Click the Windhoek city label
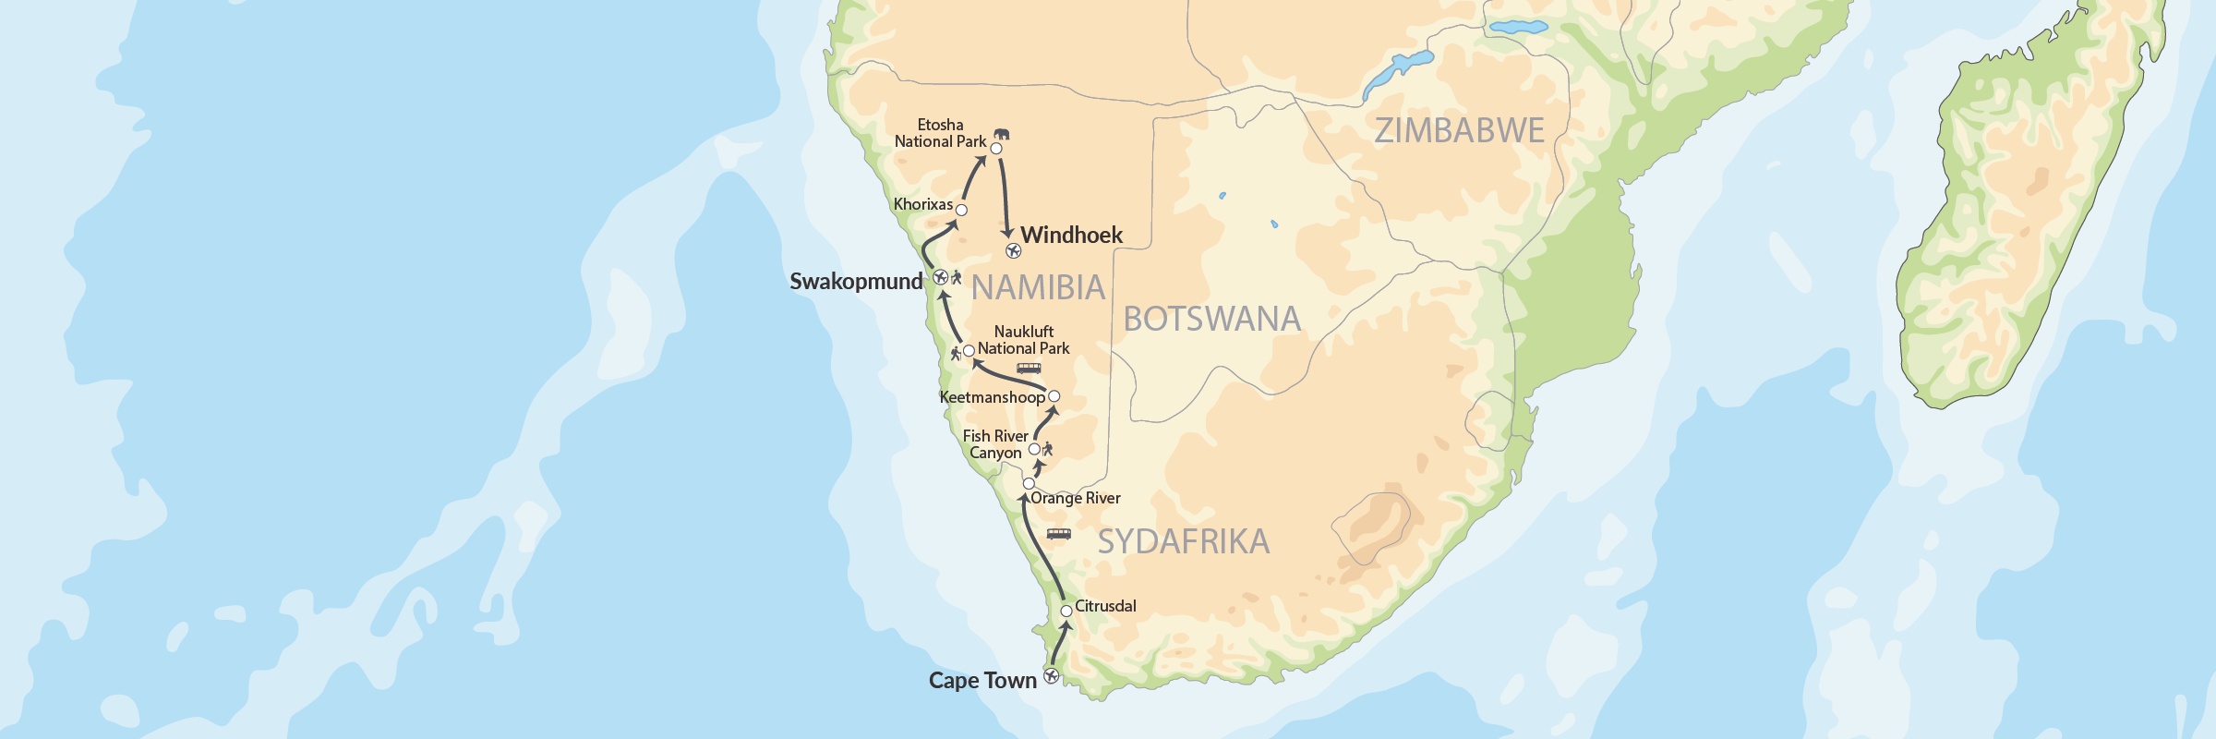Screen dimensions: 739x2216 tap(1071, 235)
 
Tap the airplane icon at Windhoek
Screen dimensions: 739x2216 tap(1014, 250)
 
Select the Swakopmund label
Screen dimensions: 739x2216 tap(856, 282)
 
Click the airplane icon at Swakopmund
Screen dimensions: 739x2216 tap(940, 276)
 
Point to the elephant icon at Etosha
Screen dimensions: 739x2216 tap(1002, 134)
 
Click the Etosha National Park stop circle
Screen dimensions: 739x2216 tap(996, 148)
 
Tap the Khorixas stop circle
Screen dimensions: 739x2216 tap(961, 210)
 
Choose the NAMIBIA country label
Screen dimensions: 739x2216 tap(1038, 288)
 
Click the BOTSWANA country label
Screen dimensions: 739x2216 tap(1211, 320)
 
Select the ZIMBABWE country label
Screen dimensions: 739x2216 tap(1459, 130)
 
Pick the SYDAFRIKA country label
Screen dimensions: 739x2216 tap(1183, 541)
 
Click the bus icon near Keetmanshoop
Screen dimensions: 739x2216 tap(1029, 368)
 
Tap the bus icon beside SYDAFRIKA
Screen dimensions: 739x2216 tap(1058, 534)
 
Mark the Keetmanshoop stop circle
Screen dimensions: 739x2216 tap(1054, 396)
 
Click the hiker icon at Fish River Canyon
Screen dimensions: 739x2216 tap(1047, 450)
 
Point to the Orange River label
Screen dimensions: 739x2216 tap(1075, 498)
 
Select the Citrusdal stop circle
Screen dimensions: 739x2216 tap(1066, 611)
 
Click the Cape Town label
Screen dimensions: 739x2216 tap(982, 681)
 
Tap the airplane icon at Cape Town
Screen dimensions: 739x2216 tap(1051, 676)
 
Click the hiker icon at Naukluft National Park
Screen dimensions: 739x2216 tap(956, 353)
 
